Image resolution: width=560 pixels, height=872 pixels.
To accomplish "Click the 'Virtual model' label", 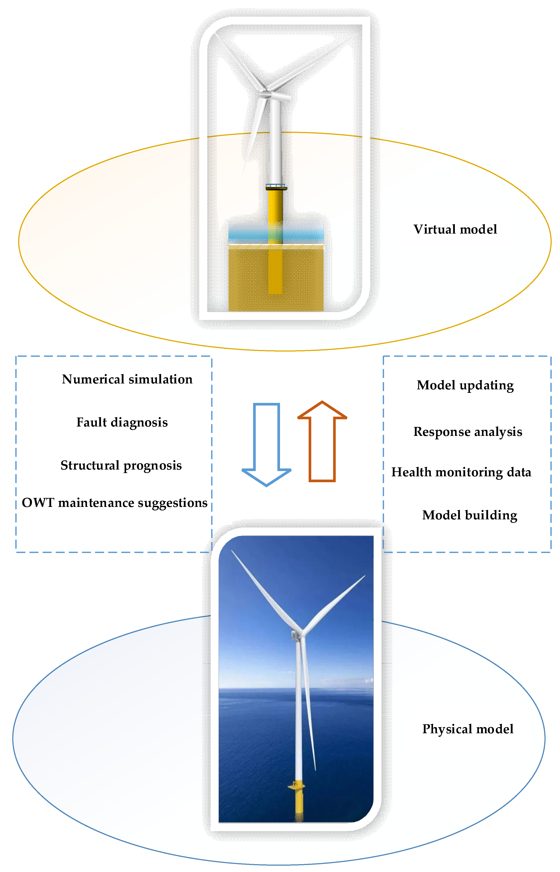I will [x=455, y=229].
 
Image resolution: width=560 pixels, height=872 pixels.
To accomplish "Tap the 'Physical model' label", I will [x=468, y=729].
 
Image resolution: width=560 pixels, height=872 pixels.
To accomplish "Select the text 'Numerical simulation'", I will [x=127, y=379].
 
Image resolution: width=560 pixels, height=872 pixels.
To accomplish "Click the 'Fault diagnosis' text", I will [x=122, y=422].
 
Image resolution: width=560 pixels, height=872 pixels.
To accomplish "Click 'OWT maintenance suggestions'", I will [x=115, y=503].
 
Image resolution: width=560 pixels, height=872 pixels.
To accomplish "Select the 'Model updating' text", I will [x=465, y=385].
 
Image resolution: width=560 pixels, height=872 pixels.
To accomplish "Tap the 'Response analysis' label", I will [x=468, y=432].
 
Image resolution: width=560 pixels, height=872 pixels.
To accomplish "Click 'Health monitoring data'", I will [x=461, y=472].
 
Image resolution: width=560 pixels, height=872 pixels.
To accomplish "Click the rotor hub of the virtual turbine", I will [x=266, y=94].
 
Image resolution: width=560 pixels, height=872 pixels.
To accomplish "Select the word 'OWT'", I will [x=38, y=503].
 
